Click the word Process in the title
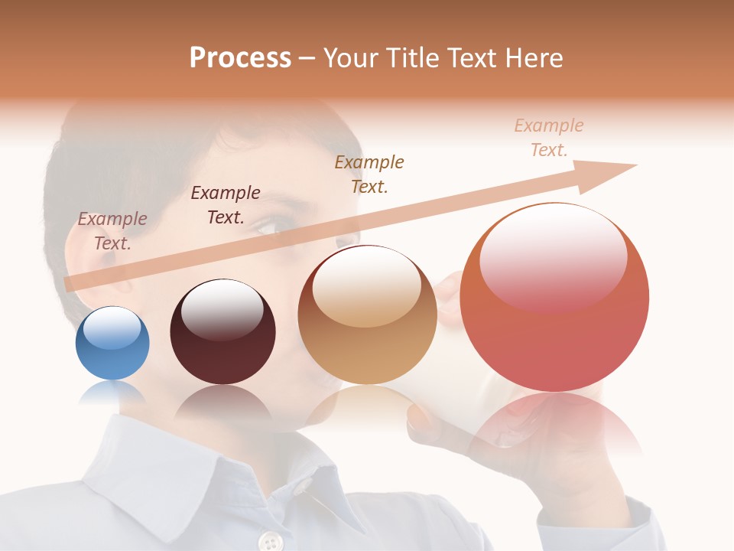click(x=240, y=58)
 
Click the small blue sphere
click(x=112, y=344)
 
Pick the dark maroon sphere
click(x=222, y=332)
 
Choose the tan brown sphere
click(x=367, y=315)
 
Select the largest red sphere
click(x=554, y=298)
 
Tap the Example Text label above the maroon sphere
click(x=226, y=205)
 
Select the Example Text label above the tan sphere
click(x=369, y=174)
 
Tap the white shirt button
click(x=269, y=542)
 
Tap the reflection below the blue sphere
click(x=112, y=393)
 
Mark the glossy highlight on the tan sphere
click(x=367, y=285)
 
